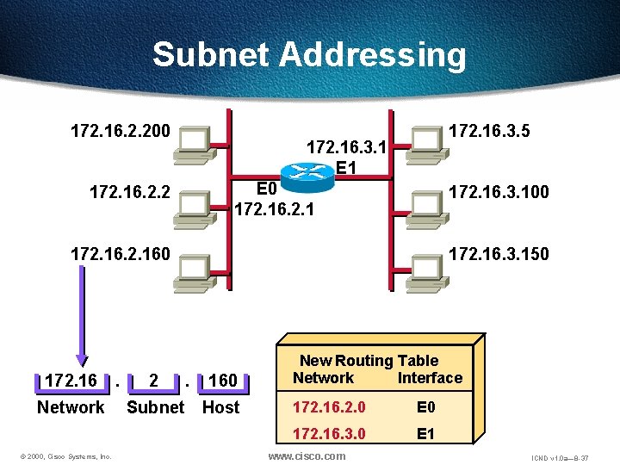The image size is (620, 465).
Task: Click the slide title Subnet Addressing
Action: [309, 55]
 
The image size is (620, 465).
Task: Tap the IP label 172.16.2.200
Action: [121, 132]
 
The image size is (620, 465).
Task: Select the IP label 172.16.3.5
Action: [490, 131]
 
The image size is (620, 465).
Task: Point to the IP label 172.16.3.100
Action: [499, 191]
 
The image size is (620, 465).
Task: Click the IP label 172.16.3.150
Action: [499, 254]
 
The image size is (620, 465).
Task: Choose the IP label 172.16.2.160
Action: [121, 254]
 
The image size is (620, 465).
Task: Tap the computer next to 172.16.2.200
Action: [193, 144]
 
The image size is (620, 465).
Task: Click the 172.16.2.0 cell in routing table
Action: [328, 406]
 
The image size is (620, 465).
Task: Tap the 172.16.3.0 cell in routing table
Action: [328, 434]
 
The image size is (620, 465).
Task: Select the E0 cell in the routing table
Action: [425, 406]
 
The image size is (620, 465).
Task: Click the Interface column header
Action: [430, 378]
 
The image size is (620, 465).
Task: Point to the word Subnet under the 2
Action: [155, 407]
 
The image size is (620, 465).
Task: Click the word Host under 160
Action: [220, 407]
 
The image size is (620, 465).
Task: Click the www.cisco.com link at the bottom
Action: [307, 456]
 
